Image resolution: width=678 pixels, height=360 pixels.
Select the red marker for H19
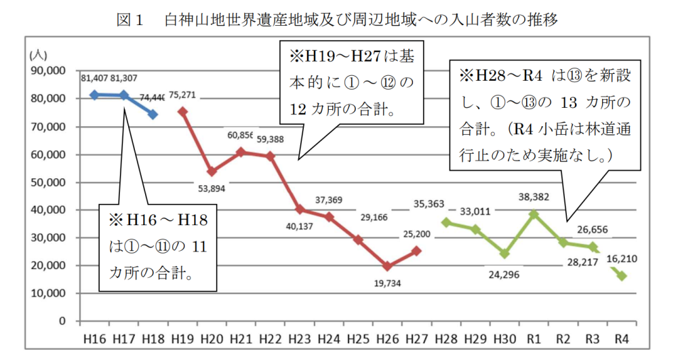pyautogui.click(x=182, y=111)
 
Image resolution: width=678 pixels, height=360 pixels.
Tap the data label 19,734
pyautogui.click(x=387, y=283)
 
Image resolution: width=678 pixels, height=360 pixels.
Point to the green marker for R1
pyautogui.click(x=534, y=214)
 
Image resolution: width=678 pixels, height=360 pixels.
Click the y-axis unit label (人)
pyautogui.click(x=37, y=54)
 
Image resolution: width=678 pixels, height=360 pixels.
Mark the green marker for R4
pyautogui.click(x=622, y=275)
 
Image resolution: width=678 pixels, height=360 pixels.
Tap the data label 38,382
pyautogui.click(x=534, y=198)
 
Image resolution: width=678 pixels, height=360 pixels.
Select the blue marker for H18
pyautogui.click(x=153, y=115)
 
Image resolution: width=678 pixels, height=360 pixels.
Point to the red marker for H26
pyautogui.click(x=387, y=266)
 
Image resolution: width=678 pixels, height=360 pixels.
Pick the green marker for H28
pyautogui.click(x=446, y=222)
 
